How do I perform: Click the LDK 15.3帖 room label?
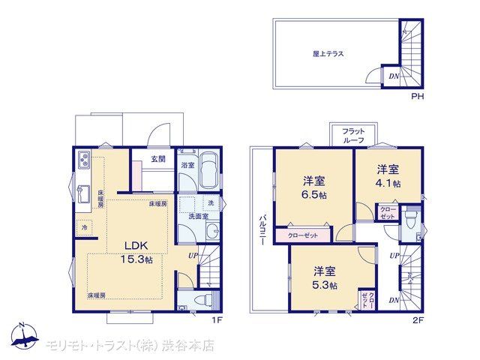pos(136,253)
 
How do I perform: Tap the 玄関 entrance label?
pos(158,159)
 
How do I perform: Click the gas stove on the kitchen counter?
pos(84,160)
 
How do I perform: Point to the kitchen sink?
pos(83,194)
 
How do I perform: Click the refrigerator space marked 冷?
pos(84,228)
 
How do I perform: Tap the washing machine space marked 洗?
pos(211,203)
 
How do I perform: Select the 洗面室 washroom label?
pos(198,217)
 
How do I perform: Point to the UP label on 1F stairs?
pos(193,256)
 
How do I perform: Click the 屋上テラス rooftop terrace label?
pos(328,54)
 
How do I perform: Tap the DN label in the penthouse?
pos(394,76)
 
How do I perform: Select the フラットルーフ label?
pos(353,136)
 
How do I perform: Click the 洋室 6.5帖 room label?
pos(314,187)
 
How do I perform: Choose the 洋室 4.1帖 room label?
pos(388,176)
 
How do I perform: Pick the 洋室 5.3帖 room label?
pos(325,278)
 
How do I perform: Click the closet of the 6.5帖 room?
pos(303,235)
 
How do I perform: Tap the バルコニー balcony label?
pos(262,230)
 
